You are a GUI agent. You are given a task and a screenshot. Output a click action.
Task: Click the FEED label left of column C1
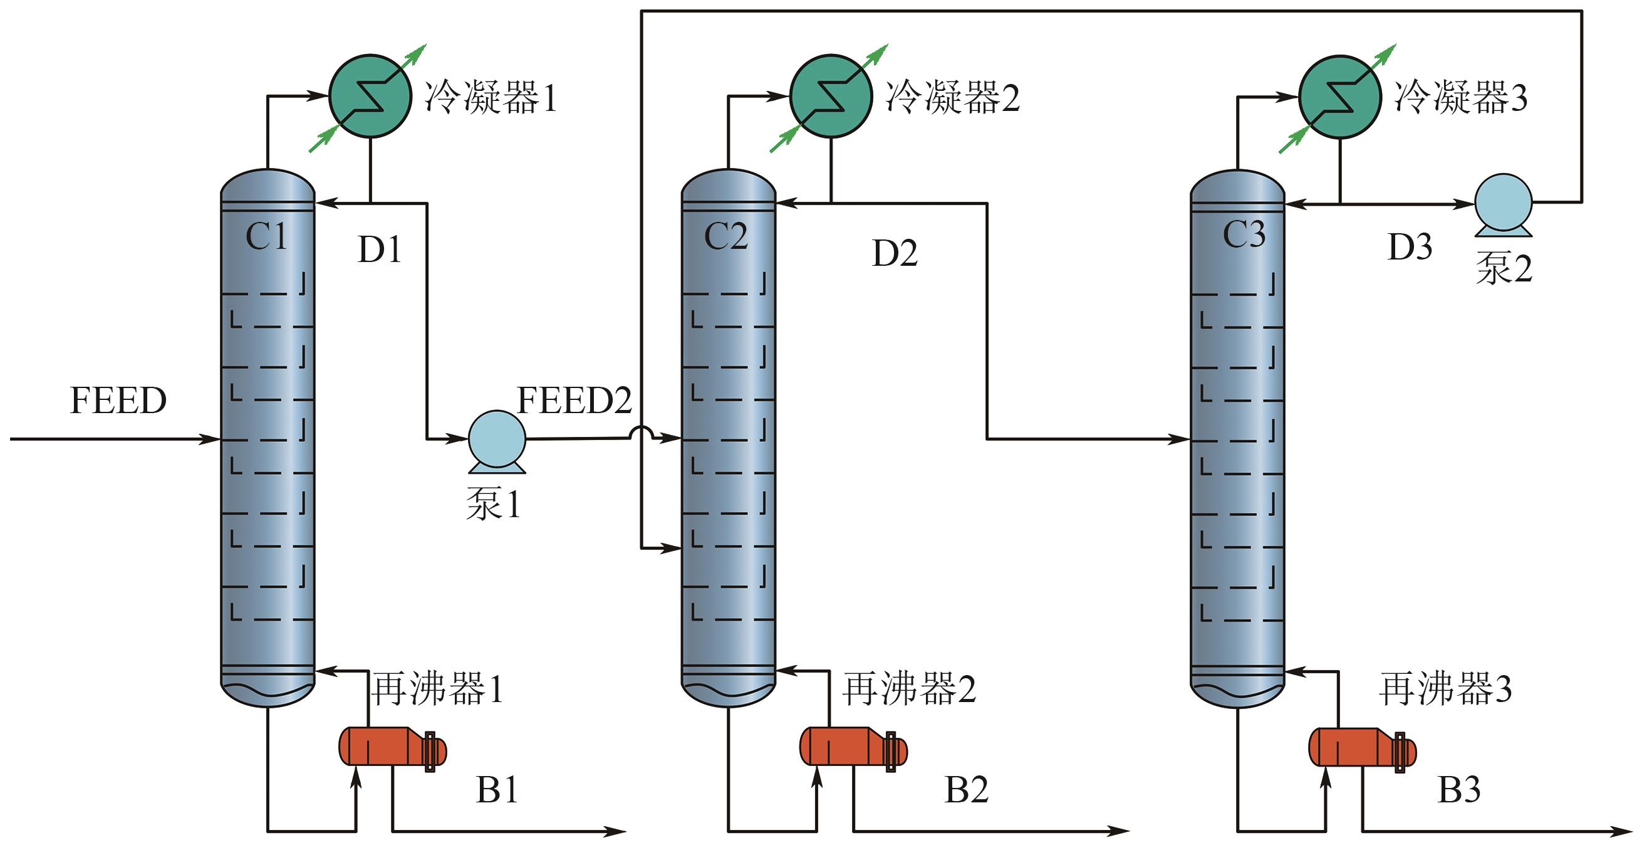tap(118, 401)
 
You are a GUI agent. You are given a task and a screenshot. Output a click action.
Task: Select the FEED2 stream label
tap(574, 401)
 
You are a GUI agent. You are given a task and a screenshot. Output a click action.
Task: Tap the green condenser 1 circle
tap(370, 97)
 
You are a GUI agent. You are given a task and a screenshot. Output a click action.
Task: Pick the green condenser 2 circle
tap(831, 97)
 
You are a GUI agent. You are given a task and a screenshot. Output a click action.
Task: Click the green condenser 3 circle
tap(1340, 97)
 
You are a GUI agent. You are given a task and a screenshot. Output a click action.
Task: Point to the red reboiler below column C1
tap(392, 746)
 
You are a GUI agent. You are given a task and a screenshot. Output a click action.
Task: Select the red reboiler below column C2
tap(853, 746)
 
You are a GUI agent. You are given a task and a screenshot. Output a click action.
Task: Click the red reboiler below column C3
tap(1362, 746)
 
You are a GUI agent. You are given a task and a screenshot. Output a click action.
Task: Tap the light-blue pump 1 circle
tap(497, 439)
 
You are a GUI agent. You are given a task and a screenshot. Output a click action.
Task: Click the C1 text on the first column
tap(266, 237)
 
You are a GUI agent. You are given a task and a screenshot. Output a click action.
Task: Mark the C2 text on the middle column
tap(726, 237)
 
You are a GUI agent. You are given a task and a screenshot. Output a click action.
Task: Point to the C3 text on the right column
tap(1244, 234)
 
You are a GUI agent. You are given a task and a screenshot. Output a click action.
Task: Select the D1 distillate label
tap(380, 249)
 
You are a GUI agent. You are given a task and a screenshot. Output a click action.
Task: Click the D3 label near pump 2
tap(1410, 247)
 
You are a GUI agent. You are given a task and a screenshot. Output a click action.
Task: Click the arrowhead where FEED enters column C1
tap(210, 439)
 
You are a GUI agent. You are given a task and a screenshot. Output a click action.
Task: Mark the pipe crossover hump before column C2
tap(640, 434)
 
